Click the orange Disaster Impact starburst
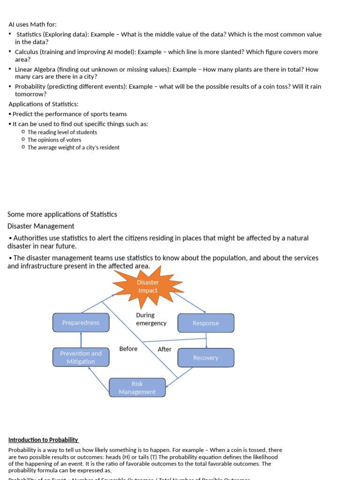click(x=148, y=286)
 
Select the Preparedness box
click(x=81, y=322)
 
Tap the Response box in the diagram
click(x=206, y=323)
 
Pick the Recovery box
click(x=206, y=358)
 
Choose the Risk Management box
click(x=137, y=388)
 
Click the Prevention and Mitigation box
click(x=81, y=357)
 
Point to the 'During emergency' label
click(x=151, y=319)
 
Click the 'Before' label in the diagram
click(x=128, y=349)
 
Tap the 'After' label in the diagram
click(x=165, y=349)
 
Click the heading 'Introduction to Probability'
click(x=43, y=440)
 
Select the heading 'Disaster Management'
click(x=41, y=226)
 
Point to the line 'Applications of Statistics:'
click(x=44, y=104)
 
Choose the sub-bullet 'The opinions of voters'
click(x=54, y=140)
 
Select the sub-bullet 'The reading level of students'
click(x=62, y=132)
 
